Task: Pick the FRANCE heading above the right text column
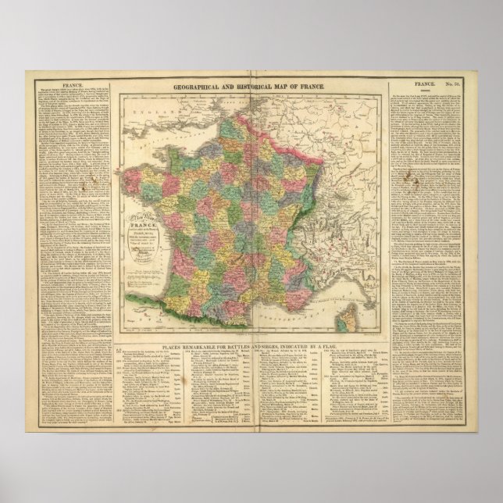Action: [428, 80]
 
